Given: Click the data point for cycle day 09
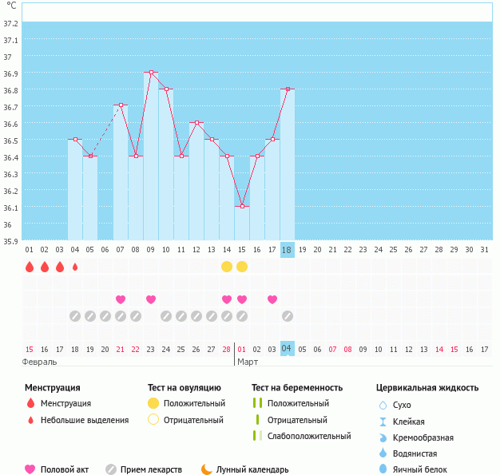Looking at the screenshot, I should [x=151, y=73].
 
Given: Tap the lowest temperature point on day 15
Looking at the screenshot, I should [x=242, y=206].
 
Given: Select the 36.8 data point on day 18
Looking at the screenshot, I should [x=288, y=89].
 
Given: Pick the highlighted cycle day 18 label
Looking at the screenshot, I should [x=288, y=249].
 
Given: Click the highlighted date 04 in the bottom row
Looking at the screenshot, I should [x=288, y=349].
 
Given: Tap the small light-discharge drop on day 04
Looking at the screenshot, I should [x=75, y=267].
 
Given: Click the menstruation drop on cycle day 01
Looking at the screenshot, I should [x=30, y=267].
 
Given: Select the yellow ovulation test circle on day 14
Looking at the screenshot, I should [x=227, y=266].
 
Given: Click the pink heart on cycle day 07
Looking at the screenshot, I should [x=121, y=299].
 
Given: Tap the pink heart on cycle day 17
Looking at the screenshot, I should [x=272, y=299].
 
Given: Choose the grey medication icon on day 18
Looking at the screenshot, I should [x=288, y=316].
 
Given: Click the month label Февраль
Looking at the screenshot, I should [x=40, y=362].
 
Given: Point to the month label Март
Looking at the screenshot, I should [x=248, y=362].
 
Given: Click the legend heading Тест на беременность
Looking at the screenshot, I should [x=297, y=388].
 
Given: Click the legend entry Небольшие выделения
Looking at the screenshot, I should [x=85, y=420].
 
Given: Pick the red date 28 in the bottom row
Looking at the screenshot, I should [x=227, y=349].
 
